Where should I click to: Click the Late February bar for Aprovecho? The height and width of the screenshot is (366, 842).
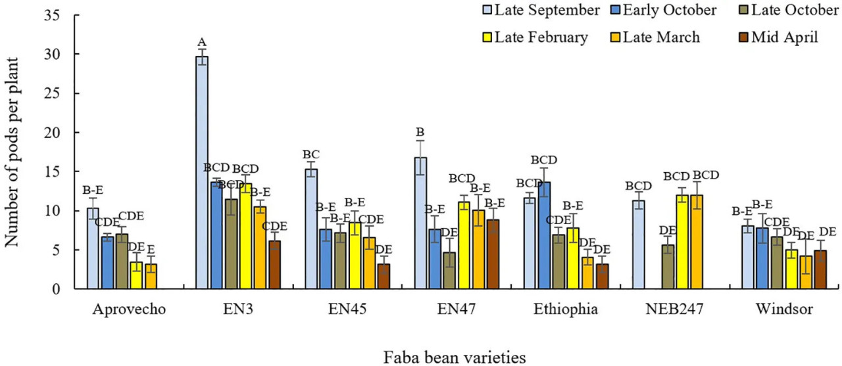click(136, 275)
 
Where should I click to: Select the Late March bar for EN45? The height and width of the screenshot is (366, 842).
click(369, 263)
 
